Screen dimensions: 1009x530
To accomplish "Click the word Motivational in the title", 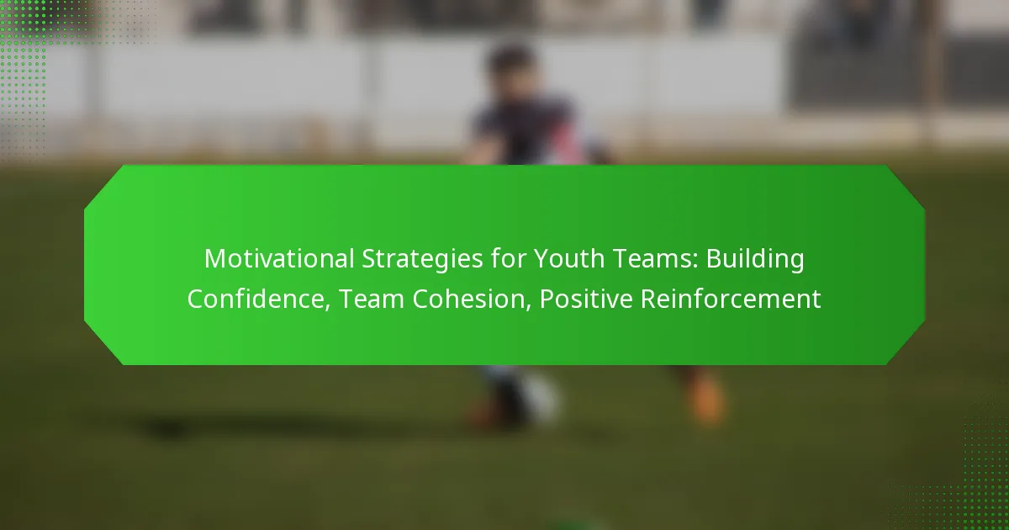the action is (279, 259).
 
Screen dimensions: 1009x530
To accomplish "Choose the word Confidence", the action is (259, 299).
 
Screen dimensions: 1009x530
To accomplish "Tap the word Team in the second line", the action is (372, 299).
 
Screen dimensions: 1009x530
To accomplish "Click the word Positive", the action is (586, 299).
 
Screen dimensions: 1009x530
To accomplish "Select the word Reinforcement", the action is (731, 299).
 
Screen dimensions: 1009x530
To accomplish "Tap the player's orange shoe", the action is (706, 399).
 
